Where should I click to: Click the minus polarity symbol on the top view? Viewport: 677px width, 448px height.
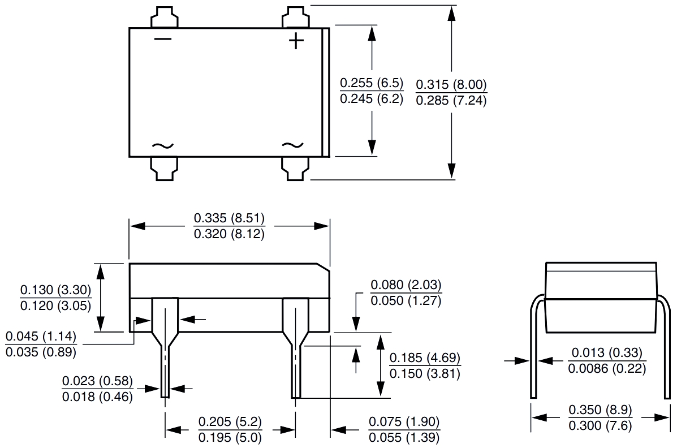pos(163,38)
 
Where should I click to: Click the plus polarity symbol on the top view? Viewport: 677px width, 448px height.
pos(296,41)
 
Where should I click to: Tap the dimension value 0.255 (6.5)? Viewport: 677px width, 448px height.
pos(372,84)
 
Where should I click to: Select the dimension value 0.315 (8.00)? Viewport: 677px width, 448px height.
pos(451,85)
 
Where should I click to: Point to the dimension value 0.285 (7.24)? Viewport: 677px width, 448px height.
pos(451,102)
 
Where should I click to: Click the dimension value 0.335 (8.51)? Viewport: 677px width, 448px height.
pos(229,218)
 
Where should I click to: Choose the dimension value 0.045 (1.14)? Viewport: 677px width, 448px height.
pos(40,337)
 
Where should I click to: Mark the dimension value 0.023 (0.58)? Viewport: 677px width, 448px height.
pos(97,381)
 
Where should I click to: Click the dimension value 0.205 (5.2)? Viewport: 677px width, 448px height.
pos(230,422)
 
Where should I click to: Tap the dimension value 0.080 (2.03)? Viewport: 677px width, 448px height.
pos(406,285)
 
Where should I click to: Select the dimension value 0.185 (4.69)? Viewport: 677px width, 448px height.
pos(425,358)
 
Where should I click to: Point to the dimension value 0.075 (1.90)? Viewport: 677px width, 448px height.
pos(404,422)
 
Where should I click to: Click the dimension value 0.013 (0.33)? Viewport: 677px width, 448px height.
pos(607,353)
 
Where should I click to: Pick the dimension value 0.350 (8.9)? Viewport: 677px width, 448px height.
pos(600,410)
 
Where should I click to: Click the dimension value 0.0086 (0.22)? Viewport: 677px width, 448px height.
pos(607,369)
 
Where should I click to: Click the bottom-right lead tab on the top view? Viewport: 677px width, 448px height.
pos(295,169)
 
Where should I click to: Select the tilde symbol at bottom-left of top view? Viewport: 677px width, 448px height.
pos(163,145)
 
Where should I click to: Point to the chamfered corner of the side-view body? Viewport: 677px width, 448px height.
pos(324,266)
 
